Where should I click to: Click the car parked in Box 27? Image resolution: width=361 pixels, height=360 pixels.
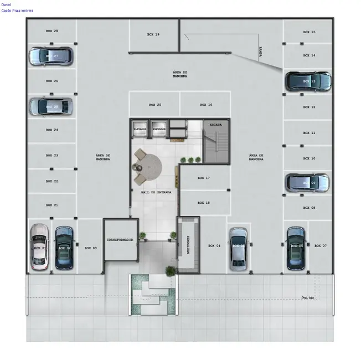click(x=51, y=56)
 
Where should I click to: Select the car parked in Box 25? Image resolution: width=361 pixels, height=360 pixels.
click(x=51, y=106)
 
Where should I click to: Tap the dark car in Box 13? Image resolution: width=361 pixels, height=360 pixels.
click(x=308, y=81)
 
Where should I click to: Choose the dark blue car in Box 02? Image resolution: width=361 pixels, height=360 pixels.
click(x=64, y=248)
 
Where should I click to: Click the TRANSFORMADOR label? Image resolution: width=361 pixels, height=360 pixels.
click(x=121, y=240)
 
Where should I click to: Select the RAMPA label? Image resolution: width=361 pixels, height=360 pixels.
click(x=260, y=52)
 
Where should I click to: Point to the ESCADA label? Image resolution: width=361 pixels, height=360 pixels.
click(x=215, y=125)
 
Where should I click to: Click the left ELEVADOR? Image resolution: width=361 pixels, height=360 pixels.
click(x=140, y=128)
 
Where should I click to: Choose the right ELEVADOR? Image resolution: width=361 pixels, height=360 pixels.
click(x=159, y=128)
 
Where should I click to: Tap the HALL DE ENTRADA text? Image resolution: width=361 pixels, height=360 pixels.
click(x=156, y=192)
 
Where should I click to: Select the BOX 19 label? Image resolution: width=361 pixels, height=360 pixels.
click(x=153, y=34)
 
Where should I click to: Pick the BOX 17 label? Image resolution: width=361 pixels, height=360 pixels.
click(x=204, y=178)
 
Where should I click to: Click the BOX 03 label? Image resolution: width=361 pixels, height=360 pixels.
click(x=91, y=248)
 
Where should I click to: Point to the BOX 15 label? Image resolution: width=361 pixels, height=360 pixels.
click(x=310, y=32)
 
